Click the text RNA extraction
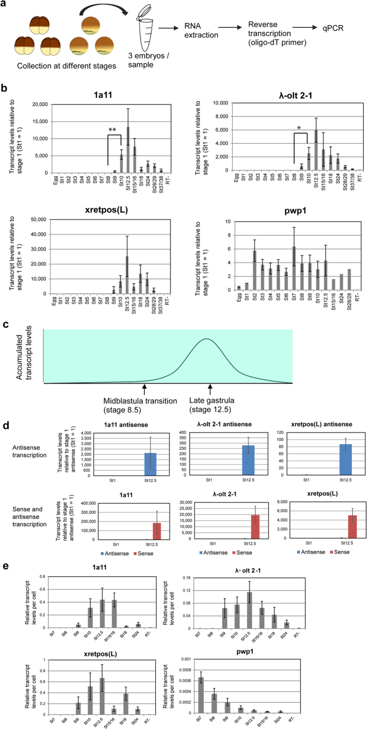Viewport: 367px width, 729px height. coord(201,31)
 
